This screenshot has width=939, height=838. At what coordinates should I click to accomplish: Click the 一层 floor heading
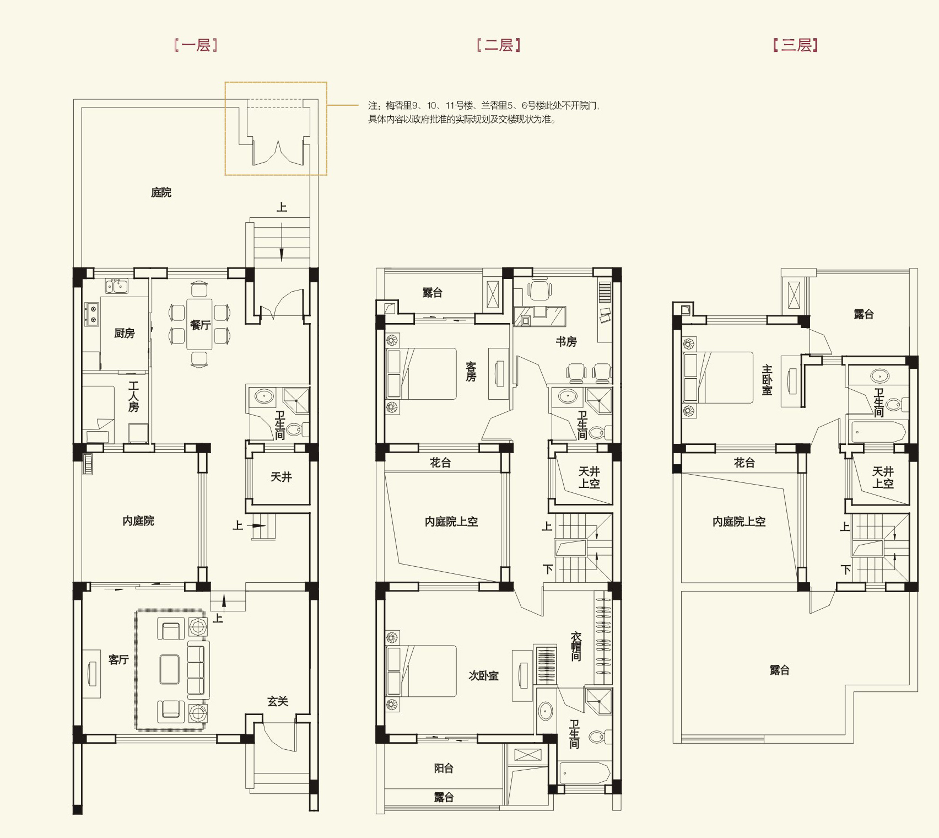point(196,45)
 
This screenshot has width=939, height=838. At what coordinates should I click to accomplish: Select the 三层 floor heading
point(795,45)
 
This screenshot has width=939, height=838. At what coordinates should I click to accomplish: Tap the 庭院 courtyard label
point(161,192)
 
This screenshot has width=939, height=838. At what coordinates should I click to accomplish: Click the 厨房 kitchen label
point(125,333)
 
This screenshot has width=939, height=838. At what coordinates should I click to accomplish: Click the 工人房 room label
point(133,397)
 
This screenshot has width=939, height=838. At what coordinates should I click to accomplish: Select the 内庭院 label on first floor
point(138,521)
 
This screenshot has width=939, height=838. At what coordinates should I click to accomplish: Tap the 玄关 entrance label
point(278,701)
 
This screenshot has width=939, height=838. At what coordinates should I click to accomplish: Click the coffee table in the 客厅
point(170,669)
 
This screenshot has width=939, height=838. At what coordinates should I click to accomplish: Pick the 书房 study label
point(566,342)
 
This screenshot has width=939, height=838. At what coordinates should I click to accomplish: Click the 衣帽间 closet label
point(576,646)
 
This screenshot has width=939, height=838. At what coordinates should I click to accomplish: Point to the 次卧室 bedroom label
point(483,676)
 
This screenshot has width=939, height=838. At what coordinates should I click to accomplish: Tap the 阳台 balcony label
point(444,768)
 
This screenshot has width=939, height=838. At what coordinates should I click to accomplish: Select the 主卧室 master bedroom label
point(767,380)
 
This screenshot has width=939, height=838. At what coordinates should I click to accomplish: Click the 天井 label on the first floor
point(281,477)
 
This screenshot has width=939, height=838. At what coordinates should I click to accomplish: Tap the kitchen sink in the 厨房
point(116,286)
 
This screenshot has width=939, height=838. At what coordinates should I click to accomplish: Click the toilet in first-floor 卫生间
point(297,429)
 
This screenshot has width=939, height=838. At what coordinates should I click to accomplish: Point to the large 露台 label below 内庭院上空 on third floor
point(780,670)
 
